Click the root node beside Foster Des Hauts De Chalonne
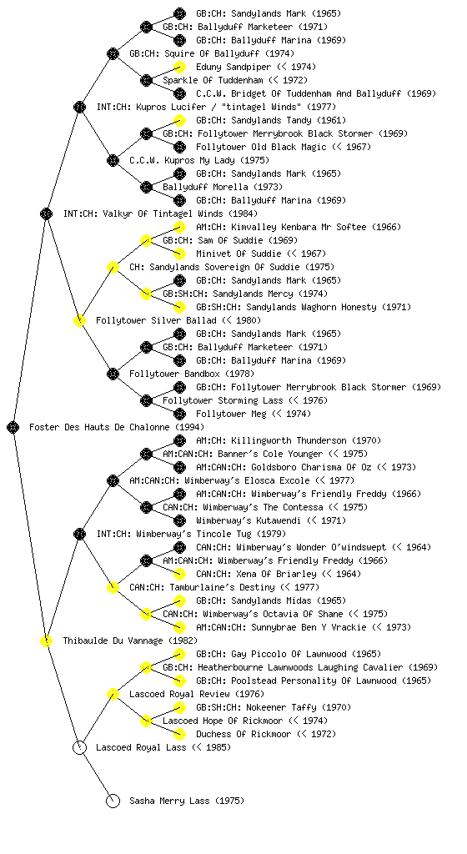[x=13, y=427]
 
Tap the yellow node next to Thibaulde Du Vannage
[x=46, y=640]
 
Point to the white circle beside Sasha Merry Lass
[x=113, y=801]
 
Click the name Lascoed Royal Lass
[x=141, y=747]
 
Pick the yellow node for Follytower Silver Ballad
[x=79, y=320]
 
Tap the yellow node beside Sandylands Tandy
[x=179, y=120]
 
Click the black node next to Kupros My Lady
[x=113, y=160]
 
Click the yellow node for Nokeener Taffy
[x=179, y=707]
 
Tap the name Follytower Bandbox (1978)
[x=192, y=374]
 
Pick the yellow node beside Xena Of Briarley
[x=179, y=574]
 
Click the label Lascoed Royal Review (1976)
[x=197, y=694]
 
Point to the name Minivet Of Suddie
[x=239, y=254]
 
